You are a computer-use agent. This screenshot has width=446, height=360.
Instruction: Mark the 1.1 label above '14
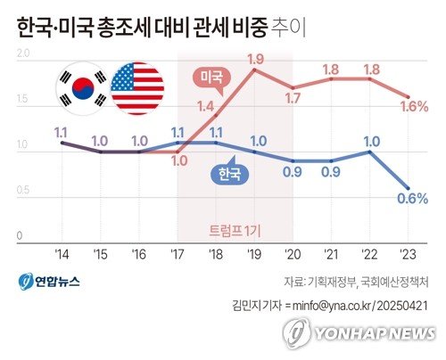click(62, 132)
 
